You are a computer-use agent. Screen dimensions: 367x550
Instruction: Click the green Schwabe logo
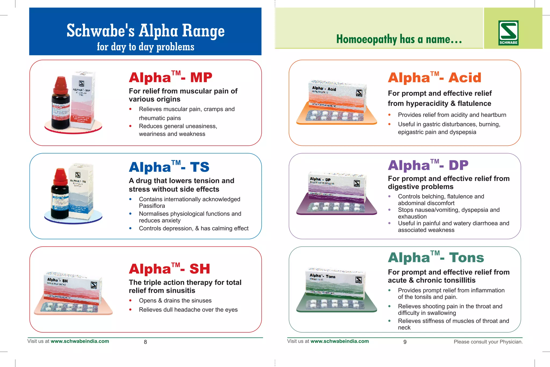click(508, 33)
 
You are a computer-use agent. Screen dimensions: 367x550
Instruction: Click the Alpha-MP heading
click(170, 77)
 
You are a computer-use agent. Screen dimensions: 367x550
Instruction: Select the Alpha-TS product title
click(169, 167)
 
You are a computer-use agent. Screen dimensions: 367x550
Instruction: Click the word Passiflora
click(152, 206)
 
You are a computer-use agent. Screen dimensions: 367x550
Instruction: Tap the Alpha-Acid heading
click(434, 78)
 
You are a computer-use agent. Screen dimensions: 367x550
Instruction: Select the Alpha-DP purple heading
click(428, 165)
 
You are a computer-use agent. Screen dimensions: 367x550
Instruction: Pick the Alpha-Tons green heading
click(436, 257)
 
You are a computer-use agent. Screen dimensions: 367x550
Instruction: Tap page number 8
click(145, 342)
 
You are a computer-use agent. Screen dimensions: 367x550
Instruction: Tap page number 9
click(405, 342)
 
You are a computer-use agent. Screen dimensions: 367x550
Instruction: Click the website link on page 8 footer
click(80, 341)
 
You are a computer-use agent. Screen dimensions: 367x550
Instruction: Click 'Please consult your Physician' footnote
click(488, 342)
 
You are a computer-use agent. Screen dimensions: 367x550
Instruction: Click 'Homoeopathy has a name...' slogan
click(399, 39)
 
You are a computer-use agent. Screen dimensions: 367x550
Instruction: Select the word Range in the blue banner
click(203, 31)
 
